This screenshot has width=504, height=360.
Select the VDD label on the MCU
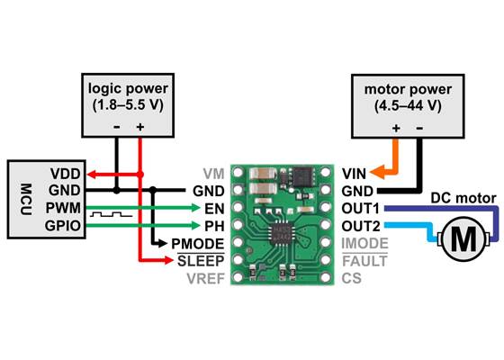(65, 173)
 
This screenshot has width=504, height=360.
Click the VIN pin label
(354, 173)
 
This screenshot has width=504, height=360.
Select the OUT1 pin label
(360, 208)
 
